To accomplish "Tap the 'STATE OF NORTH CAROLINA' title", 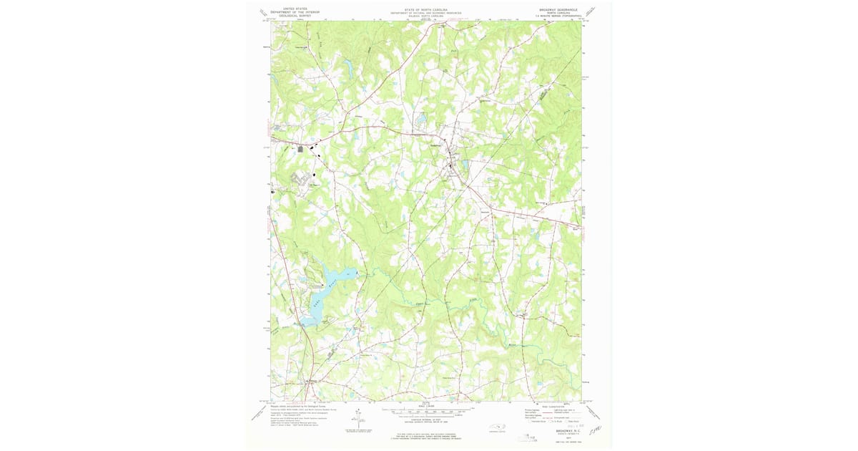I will click(425, 11).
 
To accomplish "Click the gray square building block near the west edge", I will click(300, 149).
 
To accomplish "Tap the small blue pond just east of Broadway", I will click(465, 165).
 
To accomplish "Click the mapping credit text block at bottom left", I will click(300, 413).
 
